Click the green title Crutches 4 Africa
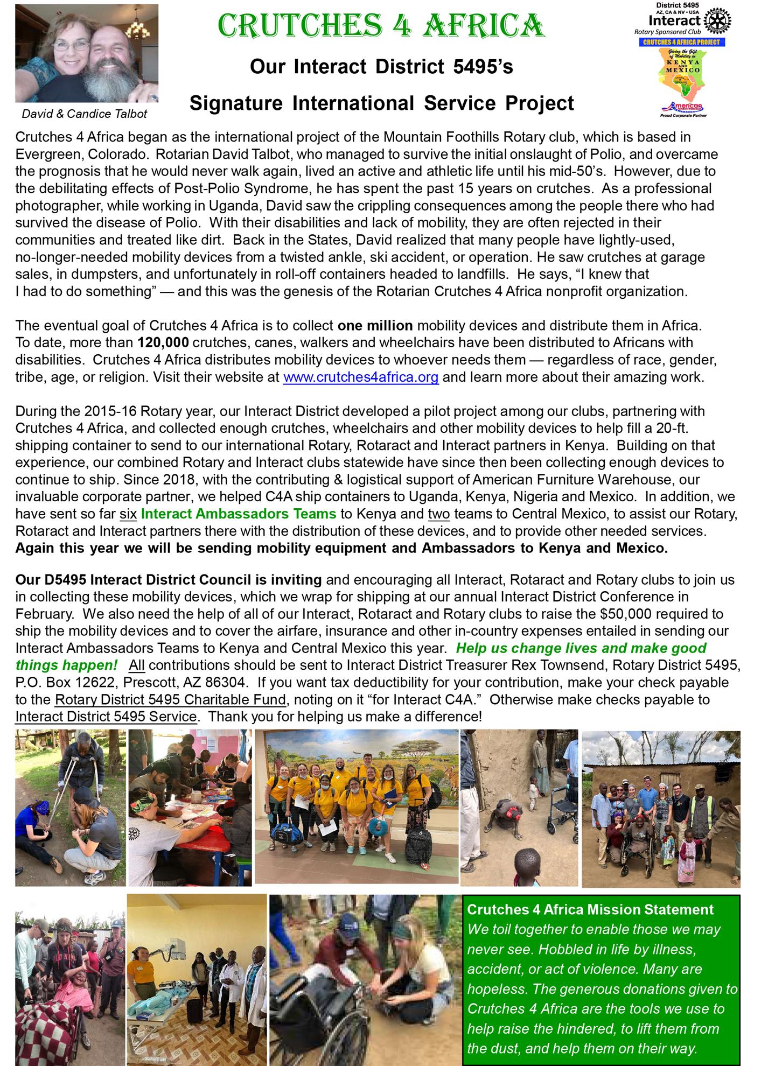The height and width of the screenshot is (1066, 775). pos(381,26)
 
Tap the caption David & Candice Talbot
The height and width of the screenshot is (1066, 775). pos(84,114)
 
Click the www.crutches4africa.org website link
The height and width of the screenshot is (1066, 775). pos(361,377)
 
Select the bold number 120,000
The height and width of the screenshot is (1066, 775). pos(163,342)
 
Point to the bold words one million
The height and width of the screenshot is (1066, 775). pos(375,325)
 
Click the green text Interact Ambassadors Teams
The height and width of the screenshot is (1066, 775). pos(238,514)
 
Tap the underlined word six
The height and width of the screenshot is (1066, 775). pos(128,514)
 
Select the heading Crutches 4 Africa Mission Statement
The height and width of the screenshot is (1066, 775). pos(590,909)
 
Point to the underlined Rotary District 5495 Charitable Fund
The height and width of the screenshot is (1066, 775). pos(170,700)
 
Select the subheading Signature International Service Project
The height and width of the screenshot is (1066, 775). pos(381,103)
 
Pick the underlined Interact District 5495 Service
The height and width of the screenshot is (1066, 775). pos(106,717)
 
